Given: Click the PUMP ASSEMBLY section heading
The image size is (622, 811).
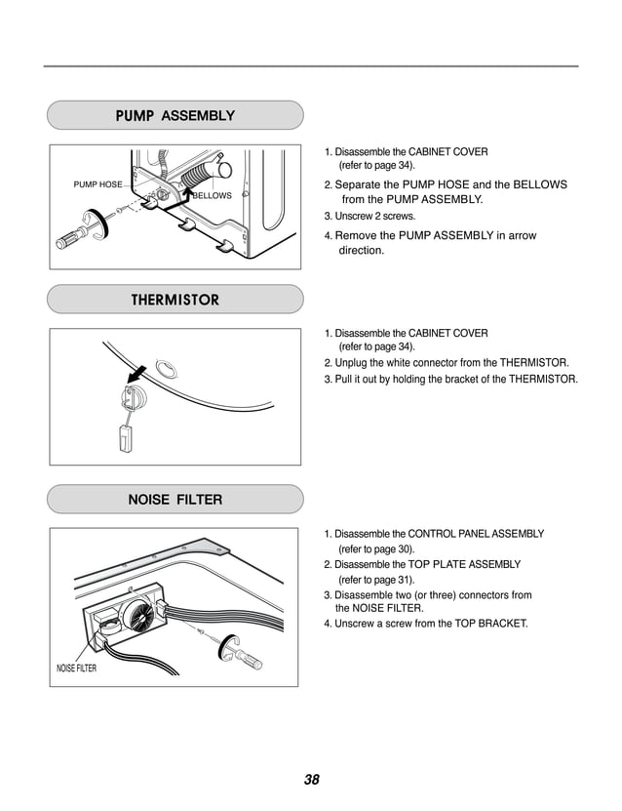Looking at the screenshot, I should click(175, 115).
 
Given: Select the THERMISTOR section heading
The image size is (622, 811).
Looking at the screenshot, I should click(175, 300).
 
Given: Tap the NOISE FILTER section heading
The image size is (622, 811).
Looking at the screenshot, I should click(175, 500).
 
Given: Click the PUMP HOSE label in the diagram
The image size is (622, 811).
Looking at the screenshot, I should click(97, 184).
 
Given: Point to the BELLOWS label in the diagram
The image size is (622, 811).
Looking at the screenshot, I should click(212, 195).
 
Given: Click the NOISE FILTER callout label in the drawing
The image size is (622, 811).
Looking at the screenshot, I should click(76, 669).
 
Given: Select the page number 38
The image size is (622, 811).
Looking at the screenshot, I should click(311, 779).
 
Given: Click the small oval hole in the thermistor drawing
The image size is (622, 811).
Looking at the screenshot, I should click(168, 368).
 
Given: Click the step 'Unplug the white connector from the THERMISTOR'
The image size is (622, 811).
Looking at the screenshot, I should click(446, 362).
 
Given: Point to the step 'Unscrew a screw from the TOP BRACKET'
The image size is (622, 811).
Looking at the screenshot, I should click(425, 623).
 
